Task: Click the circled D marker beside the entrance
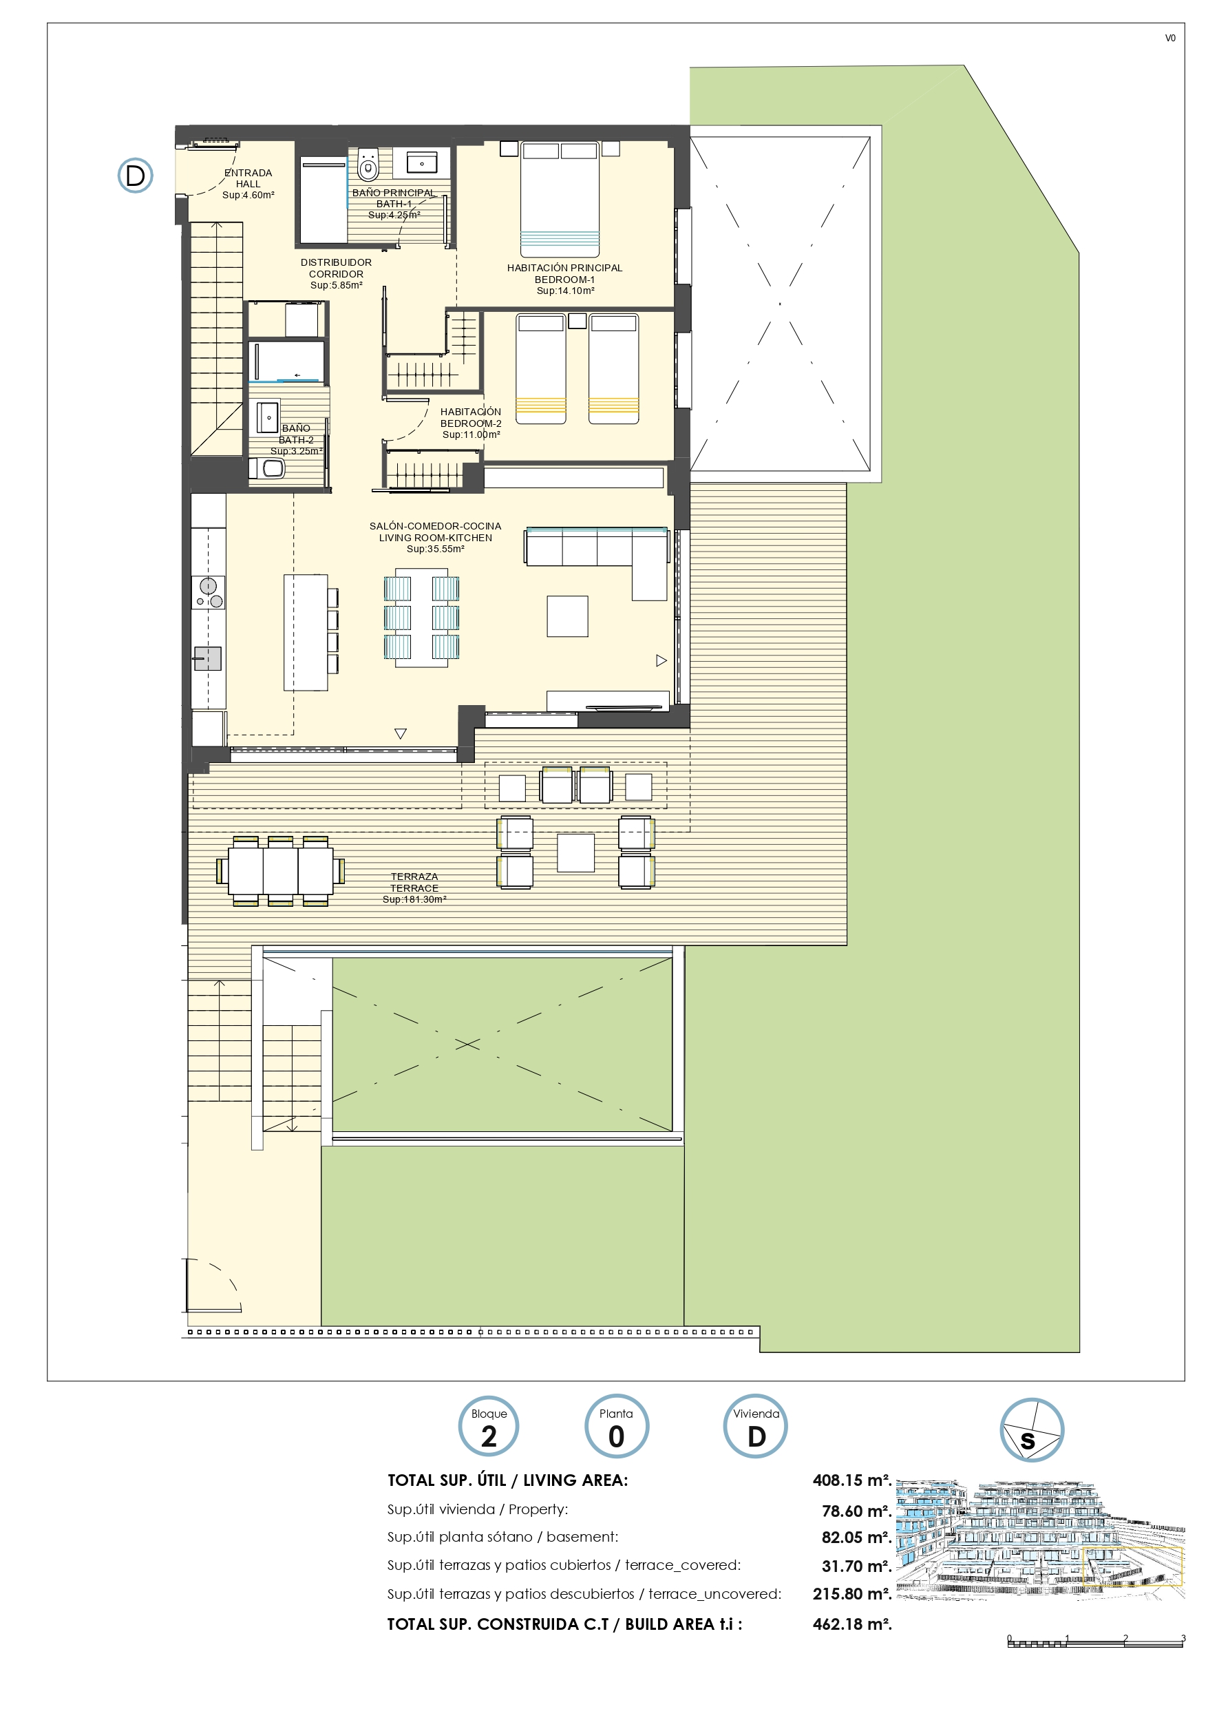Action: (136, 176)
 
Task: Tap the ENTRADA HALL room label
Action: (248, 184)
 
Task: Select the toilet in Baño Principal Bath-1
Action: (368, 165)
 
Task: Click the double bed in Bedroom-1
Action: (560, 199)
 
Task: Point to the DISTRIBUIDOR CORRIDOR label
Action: (337, 274)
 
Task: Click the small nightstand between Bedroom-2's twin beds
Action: (577, 321)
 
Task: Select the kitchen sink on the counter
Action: (208, 659)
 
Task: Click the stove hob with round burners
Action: (209, 592)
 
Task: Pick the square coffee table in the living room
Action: (568, 616)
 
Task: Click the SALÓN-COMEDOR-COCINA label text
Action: (436, 526)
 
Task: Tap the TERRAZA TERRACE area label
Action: (414, 888)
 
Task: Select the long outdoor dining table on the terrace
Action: (281, 871)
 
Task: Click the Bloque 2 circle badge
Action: (488, 1426)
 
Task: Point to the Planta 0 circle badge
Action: (616, 1426)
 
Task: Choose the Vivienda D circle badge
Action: (756, 1426)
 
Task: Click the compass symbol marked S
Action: (1032, 1430)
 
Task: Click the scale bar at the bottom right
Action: (1096, 1642)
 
